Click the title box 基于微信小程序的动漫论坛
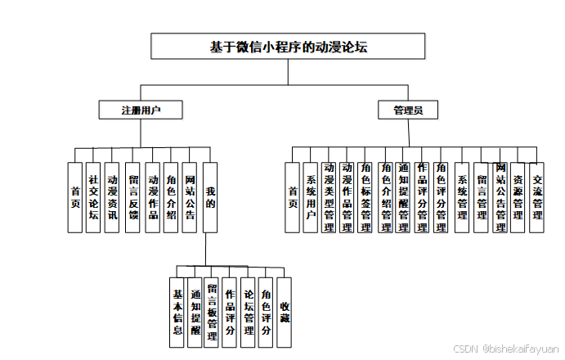288,47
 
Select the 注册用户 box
140,110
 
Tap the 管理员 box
407,110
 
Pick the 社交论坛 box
93,197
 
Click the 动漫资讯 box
113,197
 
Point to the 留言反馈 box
132,197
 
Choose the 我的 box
210,197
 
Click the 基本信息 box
177,313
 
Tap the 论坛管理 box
249,313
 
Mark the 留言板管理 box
212,313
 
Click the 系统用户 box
311,197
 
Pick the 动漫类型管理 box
330,197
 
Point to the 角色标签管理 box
366,197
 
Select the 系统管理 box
463,197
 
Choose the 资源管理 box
518,197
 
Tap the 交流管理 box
536,197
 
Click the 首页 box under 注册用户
74,197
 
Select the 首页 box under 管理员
292,197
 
